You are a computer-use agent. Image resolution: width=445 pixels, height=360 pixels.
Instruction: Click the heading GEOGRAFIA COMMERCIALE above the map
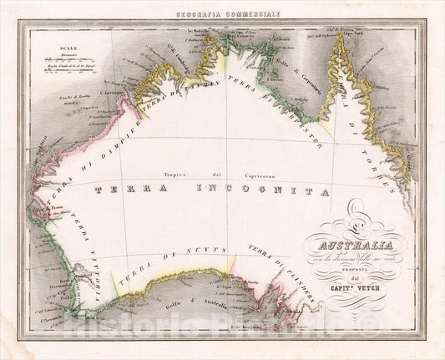[223, 14]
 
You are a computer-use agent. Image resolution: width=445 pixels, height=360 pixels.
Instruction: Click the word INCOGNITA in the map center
[250, 191]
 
